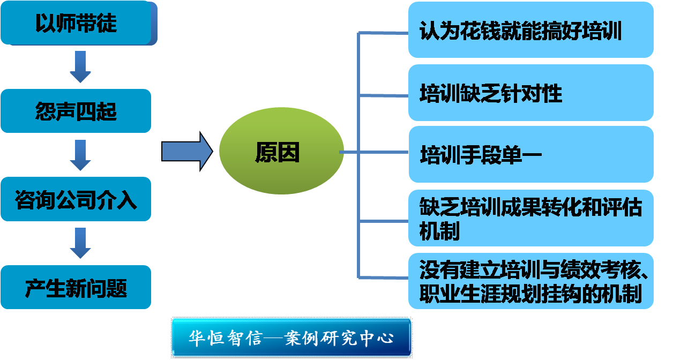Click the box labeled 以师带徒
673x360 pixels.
[76, 24]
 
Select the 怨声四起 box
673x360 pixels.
[76, 111]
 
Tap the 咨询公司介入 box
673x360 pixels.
[76, 200]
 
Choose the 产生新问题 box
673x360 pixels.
[76, 288]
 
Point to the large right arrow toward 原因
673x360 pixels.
[187, 152]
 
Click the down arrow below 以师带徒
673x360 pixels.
[80, 67]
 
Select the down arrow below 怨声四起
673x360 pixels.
[80, 155]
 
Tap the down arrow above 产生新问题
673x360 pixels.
[80, 243]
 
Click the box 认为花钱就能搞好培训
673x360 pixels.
[530, 31]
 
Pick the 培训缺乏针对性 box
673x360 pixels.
[530, 93]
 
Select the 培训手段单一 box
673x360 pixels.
[530, 155]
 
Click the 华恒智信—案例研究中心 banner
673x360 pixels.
[291, 338]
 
